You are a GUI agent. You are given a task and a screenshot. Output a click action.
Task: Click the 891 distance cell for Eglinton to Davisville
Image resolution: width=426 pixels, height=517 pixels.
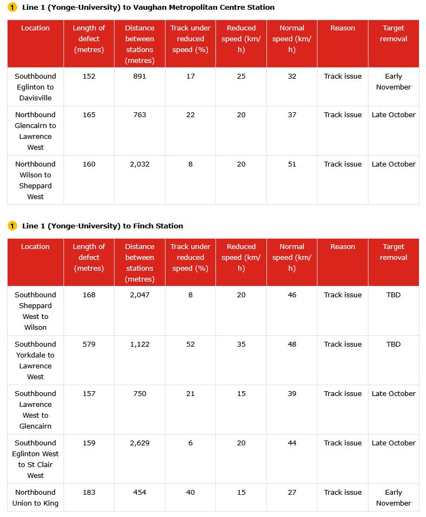click(139, 76)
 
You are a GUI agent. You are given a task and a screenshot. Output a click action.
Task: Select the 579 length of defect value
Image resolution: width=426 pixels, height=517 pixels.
click(89, 344)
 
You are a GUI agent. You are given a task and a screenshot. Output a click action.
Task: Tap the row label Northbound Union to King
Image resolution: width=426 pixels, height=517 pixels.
click(35, 497)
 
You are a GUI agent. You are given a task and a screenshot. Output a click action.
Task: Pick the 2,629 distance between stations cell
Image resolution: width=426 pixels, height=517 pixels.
click(139, 443)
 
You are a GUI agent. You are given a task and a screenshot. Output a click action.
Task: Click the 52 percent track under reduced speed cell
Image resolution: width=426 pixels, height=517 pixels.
click(190, 344)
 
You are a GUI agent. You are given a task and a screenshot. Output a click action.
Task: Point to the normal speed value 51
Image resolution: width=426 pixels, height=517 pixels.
click(292, 164)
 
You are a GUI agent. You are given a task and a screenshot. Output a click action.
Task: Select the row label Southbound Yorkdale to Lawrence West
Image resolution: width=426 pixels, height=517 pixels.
click(35, 360)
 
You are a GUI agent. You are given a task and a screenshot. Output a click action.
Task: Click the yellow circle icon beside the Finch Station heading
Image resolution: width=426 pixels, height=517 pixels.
click(12, 226)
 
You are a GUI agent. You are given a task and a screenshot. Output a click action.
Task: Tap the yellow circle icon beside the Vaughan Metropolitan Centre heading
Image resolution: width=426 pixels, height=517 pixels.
click(12, 8)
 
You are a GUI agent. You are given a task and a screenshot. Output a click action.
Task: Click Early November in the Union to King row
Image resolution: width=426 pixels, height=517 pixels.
click(393, 497)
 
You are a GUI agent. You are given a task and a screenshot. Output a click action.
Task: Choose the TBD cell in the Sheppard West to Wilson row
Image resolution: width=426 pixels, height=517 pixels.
click(393, 295)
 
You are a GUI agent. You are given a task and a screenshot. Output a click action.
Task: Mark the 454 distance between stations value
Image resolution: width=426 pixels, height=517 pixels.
click(139, 493)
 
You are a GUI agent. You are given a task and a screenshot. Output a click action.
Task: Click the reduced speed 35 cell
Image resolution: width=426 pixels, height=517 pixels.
click(241, 344)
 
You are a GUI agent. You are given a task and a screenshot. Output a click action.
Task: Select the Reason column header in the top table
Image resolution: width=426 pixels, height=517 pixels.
click(342, 28)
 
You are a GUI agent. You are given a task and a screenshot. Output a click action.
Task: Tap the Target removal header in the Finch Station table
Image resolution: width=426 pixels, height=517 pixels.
click(393, 252)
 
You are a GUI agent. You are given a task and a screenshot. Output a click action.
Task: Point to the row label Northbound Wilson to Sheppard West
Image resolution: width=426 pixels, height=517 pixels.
click(35, 180)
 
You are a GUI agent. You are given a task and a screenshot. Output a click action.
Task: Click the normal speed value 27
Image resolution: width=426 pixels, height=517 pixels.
click(292, 493)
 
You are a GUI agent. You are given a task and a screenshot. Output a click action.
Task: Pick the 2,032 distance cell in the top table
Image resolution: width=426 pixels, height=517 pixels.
click(139, 164)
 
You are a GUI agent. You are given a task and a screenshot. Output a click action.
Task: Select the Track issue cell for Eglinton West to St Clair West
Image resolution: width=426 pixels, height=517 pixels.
click(342, 443)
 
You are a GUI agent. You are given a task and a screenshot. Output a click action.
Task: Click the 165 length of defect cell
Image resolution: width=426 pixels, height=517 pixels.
click(89, 115)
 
